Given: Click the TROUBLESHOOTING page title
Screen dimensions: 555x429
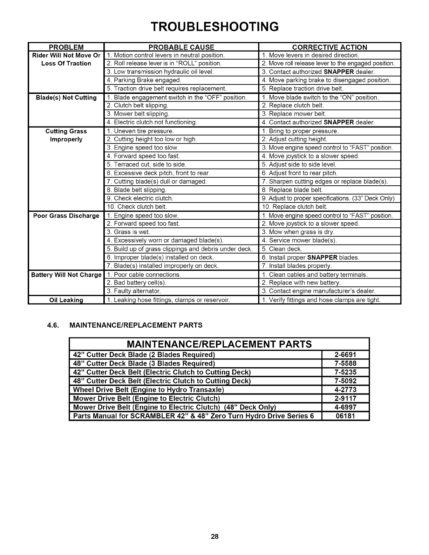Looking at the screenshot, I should (x=214, y=27).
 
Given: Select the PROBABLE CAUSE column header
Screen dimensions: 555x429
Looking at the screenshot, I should (x=181, y=47).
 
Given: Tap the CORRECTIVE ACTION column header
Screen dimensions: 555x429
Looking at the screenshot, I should (x=329, y=47).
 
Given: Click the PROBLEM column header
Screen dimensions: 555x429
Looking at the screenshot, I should (x=66, y=47).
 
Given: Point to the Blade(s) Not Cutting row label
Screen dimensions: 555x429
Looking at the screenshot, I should (x=66, y=97).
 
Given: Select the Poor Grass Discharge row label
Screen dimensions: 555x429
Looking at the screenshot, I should (x=66, y=216).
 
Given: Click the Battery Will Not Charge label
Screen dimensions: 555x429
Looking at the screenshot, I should (x=66, y=275).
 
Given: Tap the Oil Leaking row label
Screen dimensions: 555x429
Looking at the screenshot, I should (x=66, y=300).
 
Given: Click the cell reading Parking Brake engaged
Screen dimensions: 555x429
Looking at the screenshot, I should (x=144, y=80).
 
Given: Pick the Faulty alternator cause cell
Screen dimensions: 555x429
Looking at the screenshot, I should (x=134, y=291).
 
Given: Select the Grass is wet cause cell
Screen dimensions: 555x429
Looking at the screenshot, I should (x=129, y=232).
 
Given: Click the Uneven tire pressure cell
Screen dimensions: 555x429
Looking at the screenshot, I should (x=141, y=131).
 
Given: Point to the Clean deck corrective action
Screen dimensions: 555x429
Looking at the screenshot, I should (x=282, y=249).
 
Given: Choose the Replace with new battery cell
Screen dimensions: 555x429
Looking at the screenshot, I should (x=301, y=283).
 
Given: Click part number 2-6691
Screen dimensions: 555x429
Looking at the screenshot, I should (x=345, y=355).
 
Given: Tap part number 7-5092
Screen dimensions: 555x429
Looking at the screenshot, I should (x=345, y=381).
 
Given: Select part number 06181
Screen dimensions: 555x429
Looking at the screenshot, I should (x=345, y=416).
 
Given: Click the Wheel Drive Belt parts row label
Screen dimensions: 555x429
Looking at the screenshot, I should (x=148, y=390).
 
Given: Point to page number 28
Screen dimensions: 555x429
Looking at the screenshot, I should (x=214, y=536).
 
